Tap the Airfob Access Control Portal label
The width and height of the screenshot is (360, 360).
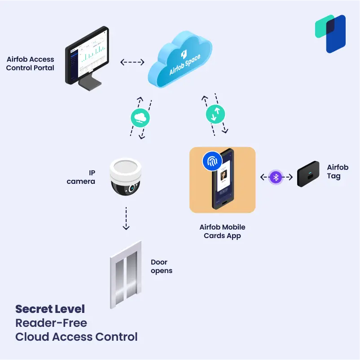coord(30,64)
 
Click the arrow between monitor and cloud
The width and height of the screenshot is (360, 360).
coord(132,62)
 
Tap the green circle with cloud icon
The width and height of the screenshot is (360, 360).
coord(140,118)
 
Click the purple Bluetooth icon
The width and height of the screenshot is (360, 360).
coord(277,177)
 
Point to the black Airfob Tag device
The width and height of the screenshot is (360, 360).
coord(308,174)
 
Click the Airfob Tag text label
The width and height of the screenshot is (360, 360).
coord(337,172)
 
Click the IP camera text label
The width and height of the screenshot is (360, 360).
coord(81,177)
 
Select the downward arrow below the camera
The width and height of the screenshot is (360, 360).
coord(126,218)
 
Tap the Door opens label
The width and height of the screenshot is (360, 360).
coord(162,267)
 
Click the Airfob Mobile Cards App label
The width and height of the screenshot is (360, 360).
coord(222,231)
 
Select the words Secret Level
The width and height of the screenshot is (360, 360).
coord(50,309)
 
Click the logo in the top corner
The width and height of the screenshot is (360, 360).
coord(330,34)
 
